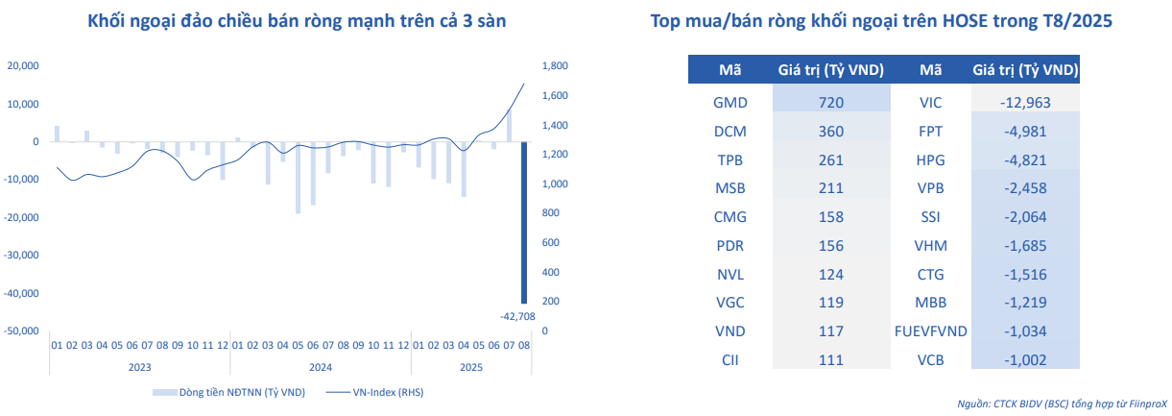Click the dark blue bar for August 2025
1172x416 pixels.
(x=524, y=221)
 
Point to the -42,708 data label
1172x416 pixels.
(x=517, y=315)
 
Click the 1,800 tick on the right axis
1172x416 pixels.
(x=556, y=65)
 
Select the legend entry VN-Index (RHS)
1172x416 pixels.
(x=374, y=392)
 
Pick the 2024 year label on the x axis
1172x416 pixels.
(x=321, y=366)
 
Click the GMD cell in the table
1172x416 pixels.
(x=730, y=102)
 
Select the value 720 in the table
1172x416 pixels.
(x=831, y=102)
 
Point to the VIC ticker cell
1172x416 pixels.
(x=931, y=102)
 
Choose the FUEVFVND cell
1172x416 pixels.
(x=930, y=331)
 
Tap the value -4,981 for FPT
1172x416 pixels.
(x=1027, y=131)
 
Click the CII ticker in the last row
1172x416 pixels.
(x=730, y=360)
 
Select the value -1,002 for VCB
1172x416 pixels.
(x=1027, y=360)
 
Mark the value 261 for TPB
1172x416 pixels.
(x=831, y=159)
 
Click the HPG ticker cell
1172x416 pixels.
(x=931, y=159)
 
